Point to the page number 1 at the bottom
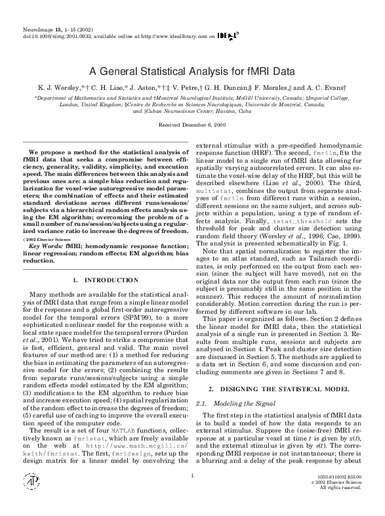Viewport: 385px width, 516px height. tap(192, 494)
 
